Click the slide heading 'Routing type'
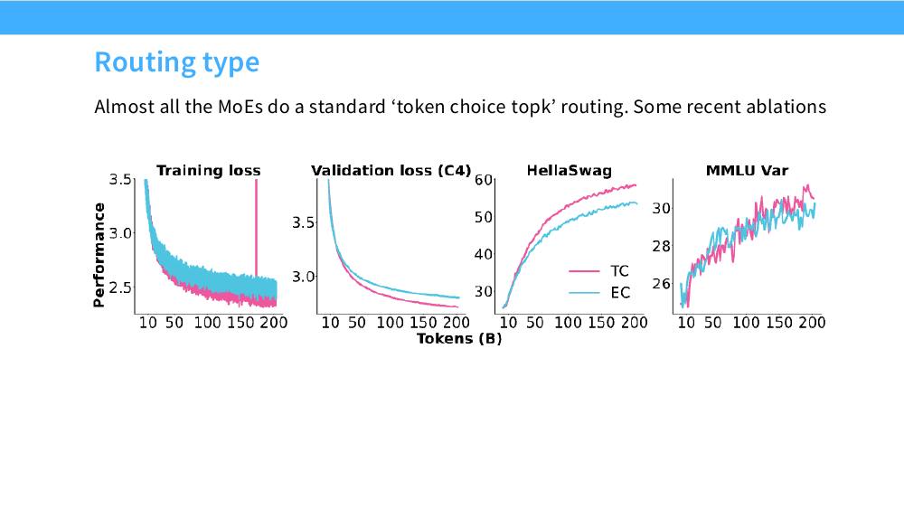click(176, 62)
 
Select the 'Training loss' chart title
click(208, 171)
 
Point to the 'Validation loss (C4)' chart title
click(391, 171)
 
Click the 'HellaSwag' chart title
click(569, 171)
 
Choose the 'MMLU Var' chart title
click(747, 171)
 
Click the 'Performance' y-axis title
click(99, 255)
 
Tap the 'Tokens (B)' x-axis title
click(459, 338)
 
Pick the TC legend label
click(619, 271)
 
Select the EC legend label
click(620, 293)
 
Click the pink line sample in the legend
click(584, 271)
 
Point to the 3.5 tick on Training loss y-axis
click(120, 179)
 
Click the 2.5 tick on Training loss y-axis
click(120, 287)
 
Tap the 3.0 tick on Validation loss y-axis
click(303, 277)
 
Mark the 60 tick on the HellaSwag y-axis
click(483, 180)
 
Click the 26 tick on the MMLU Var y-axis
click(661, 284)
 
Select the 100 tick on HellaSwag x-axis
click(568, 323)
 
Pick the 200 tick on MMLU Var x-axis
click(812, 323)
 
